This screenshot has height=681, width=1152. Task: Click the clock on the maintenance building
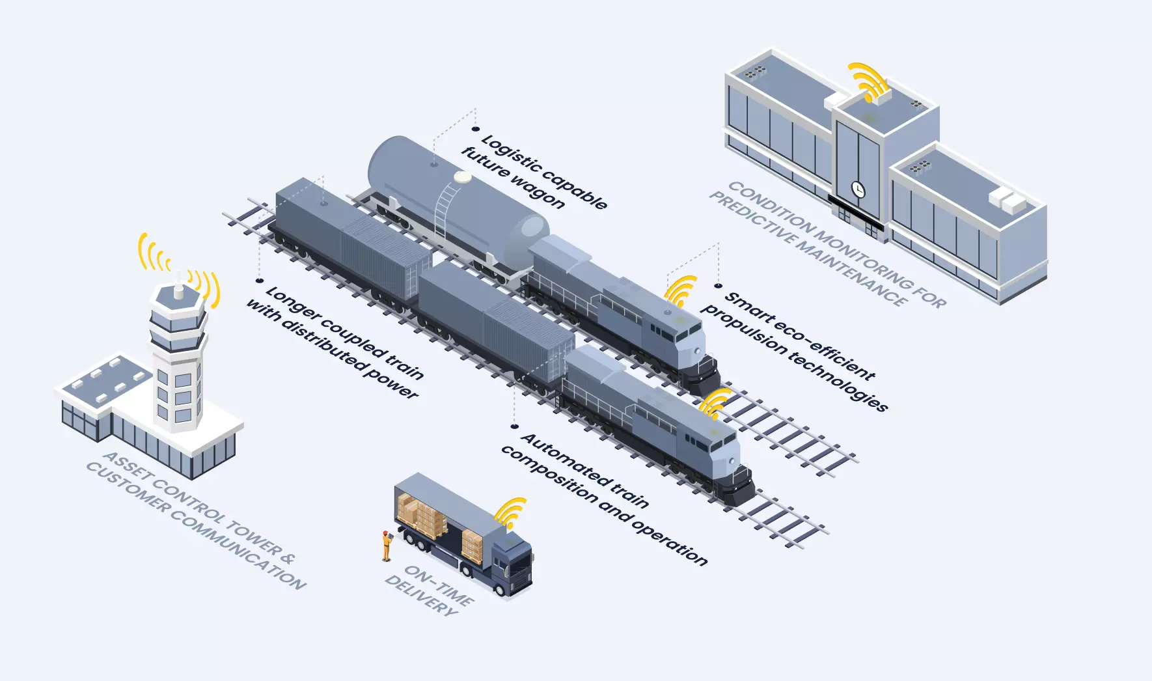click(x=858, y=189)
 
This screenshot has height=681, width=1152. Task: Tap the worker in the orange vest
click(x=387, y=546)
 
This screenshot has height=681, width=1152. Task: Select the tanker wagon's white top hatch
click(x=463, y=176)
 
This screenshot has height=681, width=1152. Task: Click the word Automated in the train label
click(x=565, y=460)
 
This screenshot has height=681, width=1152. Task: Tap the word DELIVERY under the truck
click(x=421, y=595)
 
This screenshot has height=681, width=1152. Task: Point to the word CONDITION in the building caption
click(x=770, y=206)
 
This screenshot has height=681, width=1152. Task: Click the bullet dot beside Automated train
click(x=514, y=426)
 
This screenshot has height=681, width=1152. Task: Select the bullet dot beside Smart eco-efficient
click(x=719, y=285)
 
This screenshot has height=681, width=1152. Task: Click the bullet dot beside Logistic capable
click(x=476, y=129)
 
